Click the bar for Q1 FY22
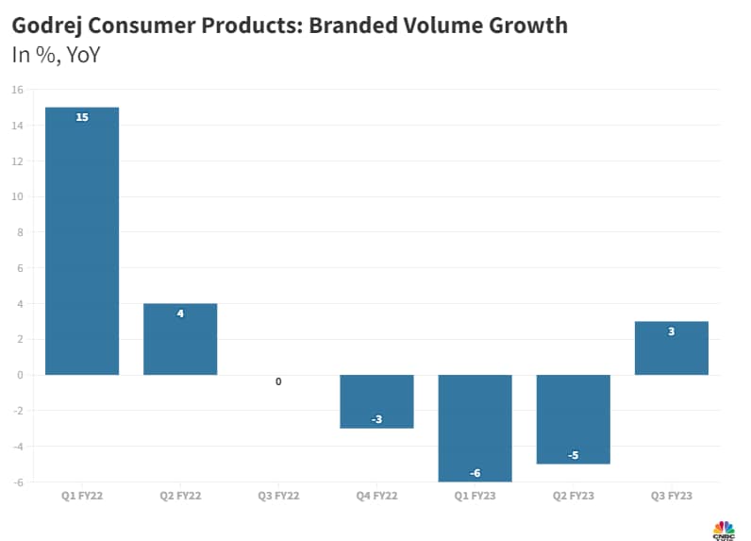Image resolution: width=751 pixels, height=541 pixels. [82, 241]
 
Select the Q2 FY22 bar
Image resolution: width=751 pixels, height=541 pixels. [180, 339]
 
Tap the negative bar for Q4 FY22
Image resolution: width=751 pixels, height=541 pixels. [376, 401]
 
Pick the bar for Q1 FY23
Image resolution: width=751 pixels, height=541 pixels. [476, 428]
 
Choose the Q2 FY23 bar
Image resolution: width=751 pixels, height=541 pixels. [574, 419]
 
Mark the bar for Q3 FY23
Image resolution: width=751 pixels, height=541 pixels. [672, 347]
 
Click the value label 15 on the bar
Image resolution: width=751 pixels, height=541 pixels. [82, 118]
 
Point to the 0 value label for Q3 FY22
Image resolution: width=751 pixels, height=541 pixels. [278, 382]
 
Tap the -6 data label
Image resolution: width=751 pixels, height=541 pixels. [476, 472]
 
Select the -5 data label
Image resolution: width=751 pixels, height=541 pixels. [574, 455]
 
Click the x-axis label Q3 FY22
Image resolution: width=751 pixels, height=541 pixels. [278, 495]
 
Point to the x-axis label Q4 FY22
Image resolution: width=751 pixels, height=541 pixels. [376, 495]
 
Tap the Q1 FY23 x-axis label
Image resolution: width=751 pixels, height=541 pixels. [476, 495]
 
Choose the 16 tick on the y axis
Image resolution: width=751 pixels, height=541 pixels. [17, 90]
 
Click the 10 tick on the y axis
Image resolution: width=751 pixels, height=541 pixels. [17, 196]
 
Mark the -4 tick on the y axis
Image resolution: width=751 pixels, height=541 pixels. [17, 446]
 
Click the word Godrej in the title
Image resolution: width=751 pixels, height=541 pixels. [50, 25]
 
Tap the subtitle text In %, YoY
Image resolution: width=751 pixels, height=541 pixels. [56, 55]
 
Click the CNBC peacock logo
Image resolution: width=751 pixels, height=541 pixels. [723, 528]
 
